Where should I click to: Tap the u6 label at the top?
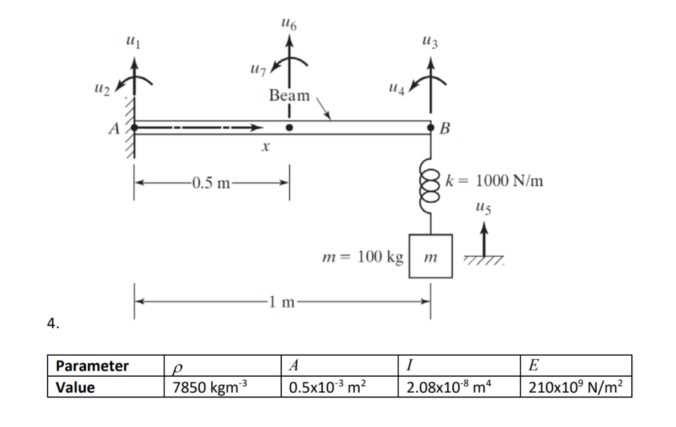pyautogui.click(x=289, y=25)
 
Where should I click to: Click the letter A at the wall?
pyautogui.click(x=114, y=129)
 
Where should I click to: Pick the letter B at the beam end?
pyautogui.click(x=444, y=129)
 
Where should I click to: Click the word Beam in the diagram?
pyautogui.click(x=289, y=96)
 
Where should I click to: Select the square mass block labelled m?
pyautogui.click(x=430, y=257)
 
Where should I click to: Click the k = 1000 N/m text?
pyautogui.click(x=495, y=180)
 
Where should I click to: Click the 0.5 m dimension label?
pyautogui.click(x=211, y=183)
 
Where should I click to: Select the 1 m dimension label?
pyautogui.click(x=282, y=303)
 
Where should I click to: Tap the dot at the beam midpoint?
pyautogui.click(x=289, y=127)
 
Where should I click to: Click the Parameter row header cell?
pyautogui.click(x=92, y=366)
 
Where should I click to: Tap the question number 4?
pyautogui.click(x=52, y=323)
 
